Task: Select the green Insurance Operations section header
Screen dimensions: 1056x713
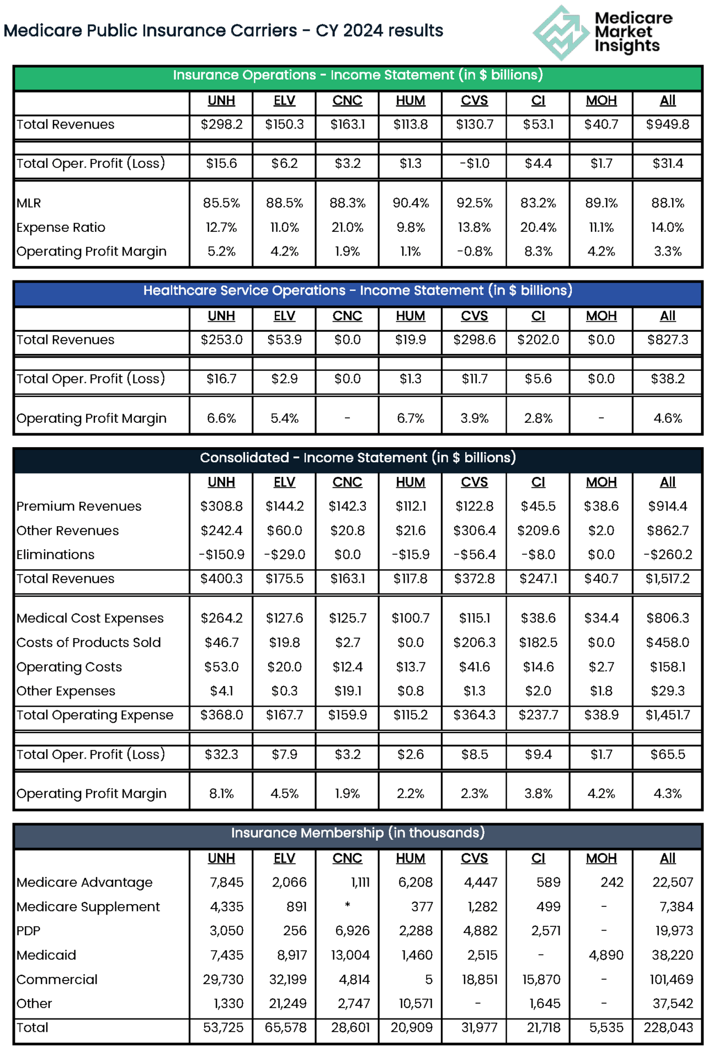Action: coord(358,76)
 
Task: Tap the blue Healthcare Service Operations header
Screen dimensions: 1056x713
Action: coord(358,291)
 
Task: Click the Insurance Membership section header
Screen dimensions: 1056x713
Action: coord(358,833)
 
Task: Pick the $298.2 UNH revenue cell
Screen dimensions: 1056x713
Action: coord(221,125)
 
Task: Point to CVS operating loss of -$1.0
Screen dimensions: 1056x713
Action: coord(474,164)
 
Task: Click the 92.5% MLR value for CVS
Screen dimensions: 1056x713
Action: coord(474,203)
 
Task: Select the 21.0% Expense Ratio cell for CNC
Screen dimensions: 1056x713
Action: coord(347,227)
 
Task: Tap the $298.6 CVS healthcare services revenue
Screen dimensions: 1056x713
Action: coord(474,340)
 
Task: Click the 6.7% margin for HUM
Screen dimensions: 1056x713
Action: coord(410,418)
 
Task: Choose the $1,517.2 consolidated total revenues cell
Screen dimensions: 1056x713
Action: coord(667,579)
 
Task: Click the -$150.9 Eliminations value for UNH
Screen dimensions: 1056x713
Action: coord(221,555)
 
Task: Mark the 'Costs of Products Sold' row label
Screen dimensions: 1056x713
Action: coord(88,643)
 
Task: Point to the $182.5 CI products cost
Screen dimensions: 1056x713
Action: coord(538,643)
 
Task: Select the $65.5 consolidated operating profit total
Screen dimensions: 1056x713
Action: coord(667,755)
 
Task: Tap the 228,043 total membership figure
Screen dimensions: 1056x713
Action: coord(668,1028)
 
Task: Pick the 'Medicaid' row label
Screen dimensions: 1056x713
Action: coord(46,956)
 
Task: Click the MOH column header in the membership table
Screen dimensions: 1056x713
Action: coord(601,859)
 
